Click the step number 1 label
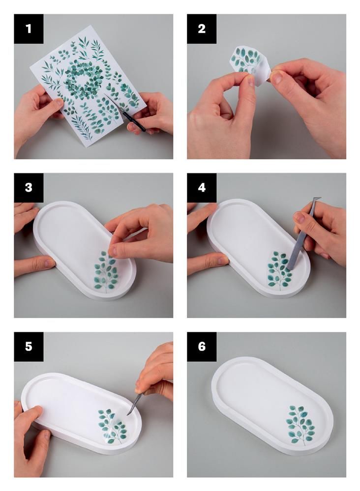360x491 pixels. (x=29, y=29)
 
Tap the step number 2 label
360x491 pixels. (x=202, y=29)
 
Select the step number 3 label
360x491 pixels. (x=29, y=188)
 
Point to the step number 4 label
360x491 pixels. (x=202, y=188)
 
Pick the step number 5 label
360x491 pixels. (x=29, y=347)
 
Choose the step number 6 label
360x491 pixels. (x=202, y=347)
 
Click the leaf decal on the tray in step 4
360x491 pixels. (x=280, y=270)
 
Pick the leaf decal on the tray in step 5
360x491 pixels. (x=112, y=426)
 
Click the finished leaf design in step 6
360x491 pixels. (x=300, y=425)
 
